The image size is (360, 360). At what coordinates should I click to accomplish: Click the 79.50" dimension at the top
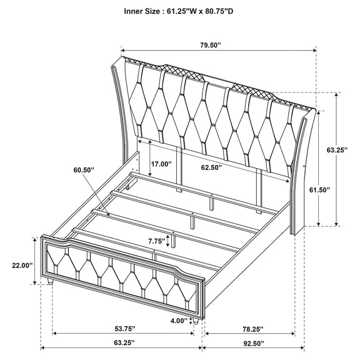(x=211, y=45)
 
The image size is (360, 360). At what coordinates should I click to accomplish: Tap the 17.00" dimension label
(x=161, y=164)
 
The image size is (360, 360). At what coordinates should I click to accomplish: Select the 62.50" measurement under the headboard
(x=211, y=167)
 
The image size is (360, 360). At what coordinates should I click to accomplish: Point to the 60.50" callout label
(x=84, y=170)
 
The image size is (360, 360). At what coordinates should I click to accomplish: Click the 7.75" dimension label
(x=157, y=241)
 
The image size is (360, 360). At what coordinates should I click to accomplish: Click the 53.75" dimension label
(x=125, y=329)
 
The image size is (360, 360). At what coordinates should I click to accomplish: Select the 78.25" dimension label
(x=252, y=329)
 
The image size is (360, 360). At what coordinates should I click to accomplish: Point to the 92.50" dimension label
(x=254, y=344)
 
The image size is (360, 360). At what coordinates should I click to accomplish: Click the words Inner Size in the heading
(x=142, y=11)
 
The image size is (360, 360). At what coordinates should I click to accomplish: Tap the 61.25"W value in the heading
(x=181, y=11)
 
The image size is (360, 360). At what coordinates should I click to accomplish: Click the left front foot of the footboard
(x=50, y=281)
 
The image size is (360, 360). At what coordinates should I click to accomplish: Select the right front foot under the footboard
(x=195, y=321)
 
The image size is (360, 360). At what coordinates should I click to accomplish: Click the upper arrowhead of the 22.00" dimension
(x=34, y=240)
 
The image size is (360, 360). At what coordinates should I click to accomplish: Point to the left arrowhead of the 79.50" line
(x=122, y=50)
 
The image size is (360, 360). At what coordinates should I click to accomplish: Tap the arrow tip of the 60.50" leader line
(x=109, y=214)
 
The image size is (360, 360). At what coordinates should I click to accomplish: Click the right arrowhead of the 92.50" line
(x=302, y=348)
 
